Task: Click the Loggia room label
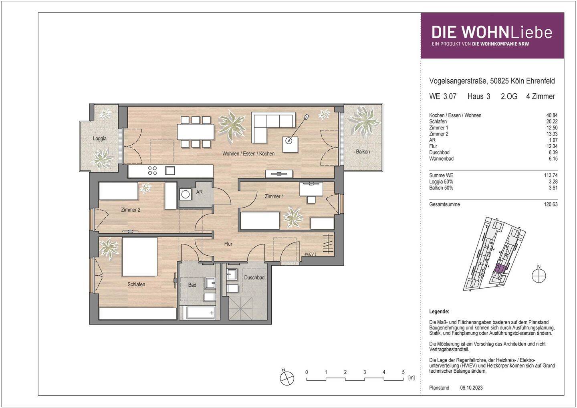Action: pos(100,139)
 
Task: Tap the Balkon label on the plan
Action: pos(363,152)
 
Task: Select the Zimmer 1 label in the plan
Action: pos(274,196)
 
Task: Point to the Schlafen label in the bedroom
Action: pos(136,285)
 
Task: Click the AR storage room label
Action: pos(199,192)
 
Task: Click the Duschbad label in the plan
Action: pos(254,277)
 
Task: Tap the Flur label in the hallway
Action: pos(228,244)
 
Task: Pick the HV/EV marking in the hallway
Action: pos(310,254)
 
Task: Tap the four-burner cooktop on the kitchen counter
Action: pos(153,171)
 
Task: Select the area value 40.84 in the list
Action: pos(552,115)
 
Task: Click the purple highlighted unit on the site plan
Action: pos(500,269)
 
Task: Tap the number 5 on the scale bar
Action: pos(403,372)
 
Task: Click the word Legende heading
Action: pos(439,311)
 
